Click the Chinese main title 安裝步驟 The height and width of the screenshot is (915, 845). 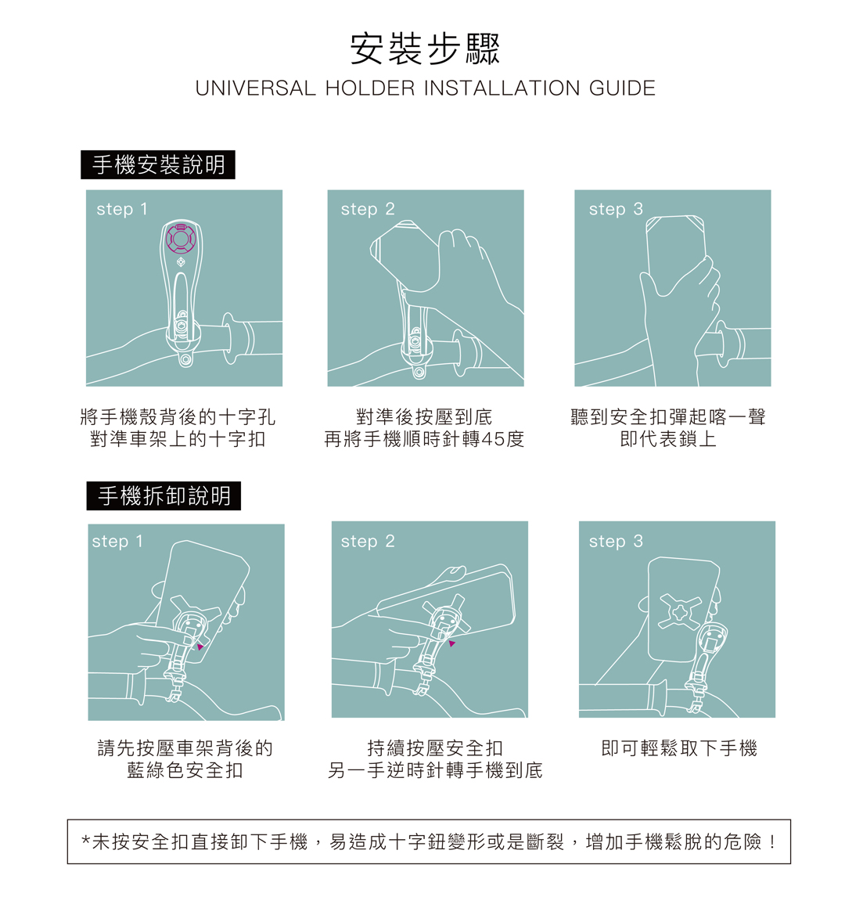pyautogui.click(x=425, y=49)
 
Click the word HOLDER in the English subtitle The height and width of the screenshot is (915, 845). pyautogui.click(x=370, y=88)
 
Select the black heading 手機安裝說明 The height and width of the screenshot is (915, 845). pyautogui.click(x=158, y=164)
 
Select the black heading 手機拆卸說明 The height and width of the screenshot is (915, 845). pyautogui.click(x=164, y=496)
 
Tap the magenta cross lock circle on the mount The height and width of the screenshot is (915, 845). pyautogui.click(x=180, y=237)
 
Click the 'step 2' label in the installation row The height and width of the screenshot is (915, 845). pyautogui.click(x=368, y=209)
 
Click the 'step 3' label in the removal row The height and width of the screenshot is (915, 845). pyautogui.click(x=616, y=541)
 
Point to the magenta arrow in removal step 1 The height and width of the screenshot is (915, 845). pyautogui.click(x=200, y=647)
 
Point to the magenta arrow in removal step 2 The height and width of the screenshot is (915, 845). pyautogui.click(x=451, y=643)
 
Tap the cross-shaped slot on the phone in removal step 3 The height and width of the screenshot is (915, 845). pyautogui.click(x=680, y=611)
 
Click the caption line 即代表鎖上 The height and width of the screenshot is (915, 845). pyautogui.click(x=668, y=439)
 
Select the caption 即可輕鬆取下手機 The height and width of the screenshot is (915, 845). pyautogui.click(x=679, y=748)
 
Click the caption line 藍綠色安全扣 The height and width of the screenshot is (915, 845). pyautogui.click(x=185, y=770)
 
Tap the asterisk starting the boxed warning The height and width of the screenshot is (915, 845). pyautogui.click(x=86, y=841)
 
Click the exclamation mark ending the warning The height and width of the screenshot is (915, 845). pyautogui.click(x=773, y=842)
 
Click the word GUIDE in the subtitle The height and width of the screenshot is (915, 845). pyautogui.click(x=622, y=88)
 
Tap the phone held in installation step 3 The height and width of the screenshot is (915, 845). pyautogui.click(x=675, y=251)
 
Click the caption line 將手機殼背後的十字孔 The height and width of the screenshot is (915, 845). pyautogui.click(x=178, y=416)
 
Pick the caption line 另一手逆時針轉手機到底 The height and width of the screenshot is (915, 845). pyautogui.click(x=435, y=770)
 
